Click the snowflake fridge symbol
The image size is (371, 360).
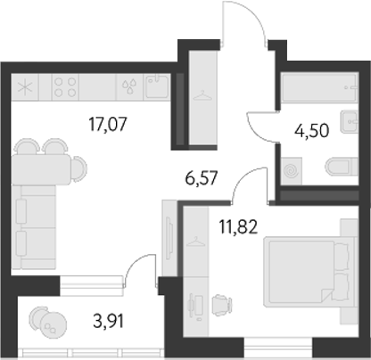(25, 88)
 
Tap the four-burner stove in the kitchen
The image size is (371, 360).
(66, 87)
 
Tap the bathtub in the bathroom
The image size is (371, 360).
(320, 91)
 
